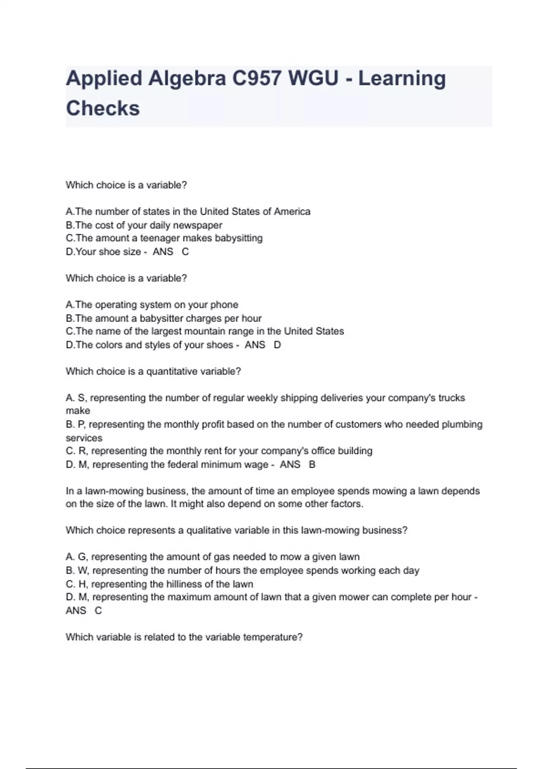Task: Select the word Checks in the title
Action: coord(103,109)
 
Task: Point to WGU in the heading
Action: coord(313,79)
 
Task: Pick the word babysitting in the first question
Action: coord(238,238)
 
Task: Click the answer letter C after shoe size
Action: coord(185,252)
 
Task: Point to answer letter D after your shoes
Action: coord(277,345)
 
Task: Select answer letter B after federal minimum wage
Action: coord(312,465)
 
